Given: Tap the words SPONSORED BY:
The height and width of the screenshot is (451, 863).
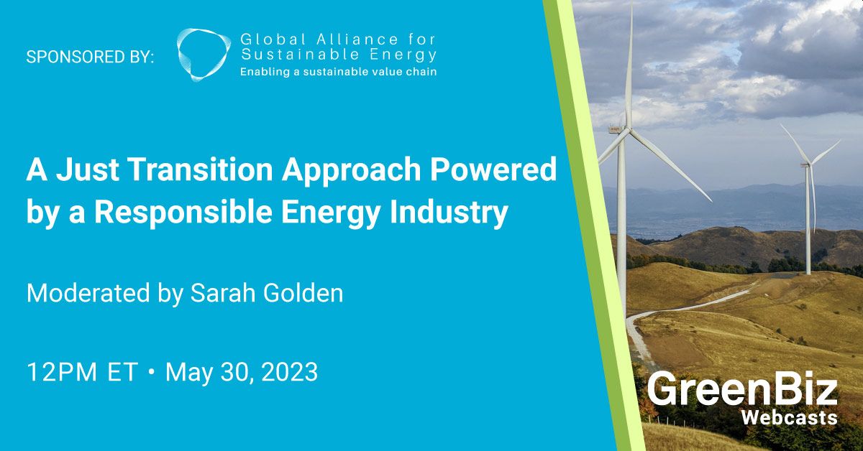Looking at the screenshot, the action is point(90,57).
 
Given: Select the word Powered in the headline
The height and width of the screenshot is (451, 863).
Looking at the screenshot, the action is point(493,169).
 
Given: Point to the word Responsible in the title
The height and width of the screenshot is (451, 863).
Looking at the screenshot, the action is point(183,212).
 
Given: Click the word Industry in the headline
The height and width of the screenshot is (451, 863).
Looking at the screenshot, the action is point(449,213).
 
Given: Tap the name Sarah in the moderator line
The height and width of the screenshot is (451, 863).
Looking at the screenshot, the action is point(222,293).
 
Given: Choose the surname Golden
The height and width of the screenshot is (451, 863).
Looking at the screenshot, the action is point(303,293).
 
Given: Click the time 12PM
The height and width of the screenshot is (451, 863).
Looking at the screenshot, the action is point(62,372).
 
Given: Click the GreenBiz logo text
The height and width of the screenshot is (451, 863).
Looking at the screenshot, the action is point(742,389).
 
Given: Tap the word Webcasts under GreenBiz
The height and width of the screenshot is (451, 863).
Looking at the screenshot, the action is point(789,418).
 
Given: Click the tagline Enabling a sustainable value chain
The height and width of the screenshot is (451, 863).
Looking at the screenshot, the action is point(338,72).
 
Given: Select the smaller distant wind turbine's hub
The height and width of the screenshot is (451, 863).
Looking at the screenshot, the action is point(809,164).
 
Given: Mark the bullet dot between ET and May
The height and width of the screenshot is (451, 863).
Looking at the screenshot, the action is point(152,372).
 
